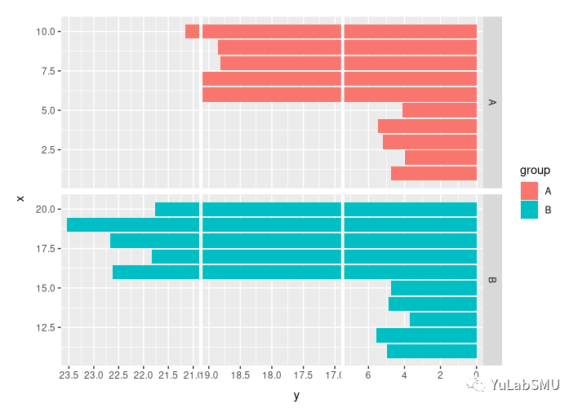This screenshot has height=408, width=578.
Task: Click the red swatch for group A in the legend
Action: [529, 190]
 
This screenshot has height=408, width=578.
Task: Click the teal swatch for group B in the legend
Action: [529, 210]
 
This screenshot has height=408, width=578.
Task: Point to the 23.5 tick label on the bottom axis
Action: [69, 376]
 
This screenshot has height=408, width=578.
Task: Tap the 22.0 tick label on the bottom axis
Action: [144, 376]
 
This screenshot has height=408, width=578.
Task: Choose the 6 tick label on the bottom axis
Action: [368, 376]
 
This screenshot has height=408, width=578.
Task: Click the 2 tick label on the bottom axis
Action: [440, 376]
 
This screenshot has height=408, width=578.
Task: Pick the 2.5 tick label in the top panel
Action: [49, 150]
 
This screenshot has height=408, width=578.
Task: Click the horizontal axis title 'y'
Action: [296, 396]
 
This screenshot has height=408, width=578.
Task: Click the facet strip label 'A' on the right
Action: [492, 103]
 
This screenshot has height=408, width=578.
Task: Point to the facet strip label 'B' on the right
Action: [492, 281]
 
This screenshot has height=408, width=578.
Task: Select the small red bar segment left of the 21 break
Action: [192, 32]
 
